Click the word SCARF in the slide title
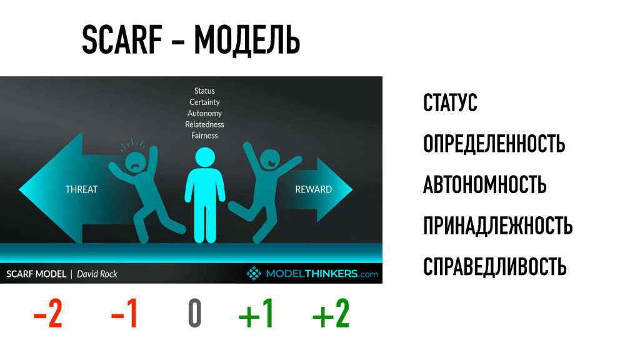click(x=122, y=39)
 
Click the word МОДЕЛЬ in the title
click(x=247, y=41)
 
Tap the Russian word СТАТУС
click(x=450, y=102)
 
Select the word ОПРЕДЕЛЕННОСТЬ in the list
click(x=494, y=143)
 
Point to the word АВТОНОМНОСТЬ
click(x=484, y=184)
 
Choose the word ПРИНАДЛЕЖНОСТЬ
click(x=497, y=226)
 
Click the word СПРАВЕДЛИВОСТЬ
click(x=495, y=266)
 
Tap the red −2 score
click(x=47, y=313)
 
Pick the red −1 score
click(x=124, y=313)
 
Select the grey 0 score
click(x=195, y=313)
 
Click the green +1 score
click(x=256, y=313)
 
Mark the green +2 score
click(x=331, y=313)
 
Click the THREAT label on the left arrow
click(x=82, y=189)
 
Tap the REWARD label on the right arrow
click(x=314, y=189)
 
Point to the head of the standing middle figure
click(x=205, y=157)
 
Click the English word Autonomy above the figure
click(x=204, y=114)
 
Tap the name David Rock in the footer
click(x=97, y=274)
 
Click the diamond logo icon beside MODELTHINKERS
click(x=254, y=274)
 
